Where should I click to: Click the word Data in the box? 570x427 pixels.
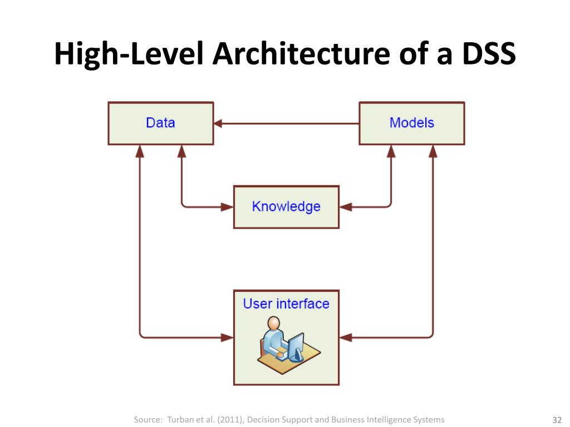pyautogui.click(x=160, y=123)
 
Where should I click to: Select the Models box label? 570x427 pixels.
pyautogui.click(x=411, y=123)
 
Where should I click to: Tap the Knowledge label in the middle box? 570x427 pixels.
pyautogui.click(x=286, y=207)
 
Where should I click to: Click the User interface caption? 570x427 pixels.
pyautogui.click(x=286, y=304)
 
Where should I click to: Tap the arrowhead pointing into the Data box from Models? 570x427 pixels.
pyautogui.click(x=218, y=123)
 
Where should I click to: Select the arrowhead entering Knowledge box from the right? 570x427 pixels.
pyautogui.click(x=345, y=207)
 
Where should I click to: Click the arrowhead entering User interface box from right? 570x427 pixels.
pyautogui.click(x=345, y=337)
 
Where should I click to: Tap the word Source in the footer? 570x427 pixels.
pyautogui.click(x=147, y=420)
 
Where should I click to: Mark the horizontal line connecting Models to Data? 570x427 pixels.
pyautogui.click(x=289, y=123)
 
